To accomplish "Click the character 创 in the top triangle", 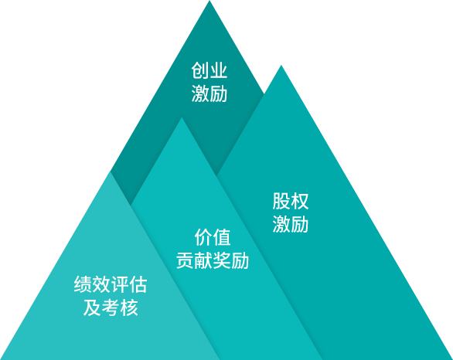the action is (x=200, y=70).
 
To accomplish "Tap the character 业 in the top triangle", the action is (x=219, y=70).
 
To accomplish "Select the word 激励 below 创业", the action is (x=209, y=93).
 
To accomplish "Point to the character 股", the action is (x=281, y=201).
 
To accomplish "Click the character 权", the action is (x=300, y=201).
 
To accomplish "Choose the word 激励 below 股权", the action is (x=291, y=224).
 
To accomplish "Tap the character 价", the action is (x=203, y=237).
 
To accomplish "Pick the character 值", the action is (x=222, y=237).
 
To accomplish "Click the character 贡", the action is (x=186, y=260).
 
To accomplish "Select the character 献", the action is (x=203, y=260).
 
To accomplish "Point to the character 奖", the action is (x=222, y=260).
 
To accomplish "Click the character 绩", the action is (x=83, y=284).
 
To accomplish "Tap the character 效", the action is (x=101, y=284).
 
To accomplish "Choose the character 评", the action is (x=120, y=284).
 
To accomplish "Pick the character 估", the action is (x=138, y=284).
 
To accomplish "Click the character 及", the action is (x=92, y=307).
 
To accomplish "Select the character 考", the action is (x=111, y=307).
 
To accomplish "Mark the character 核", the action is (x=129, y=307).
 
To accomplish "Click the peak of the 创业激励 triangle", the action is (x=209, y=1).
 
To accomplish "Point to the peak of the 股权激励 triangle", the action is (x=281, y=66).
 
